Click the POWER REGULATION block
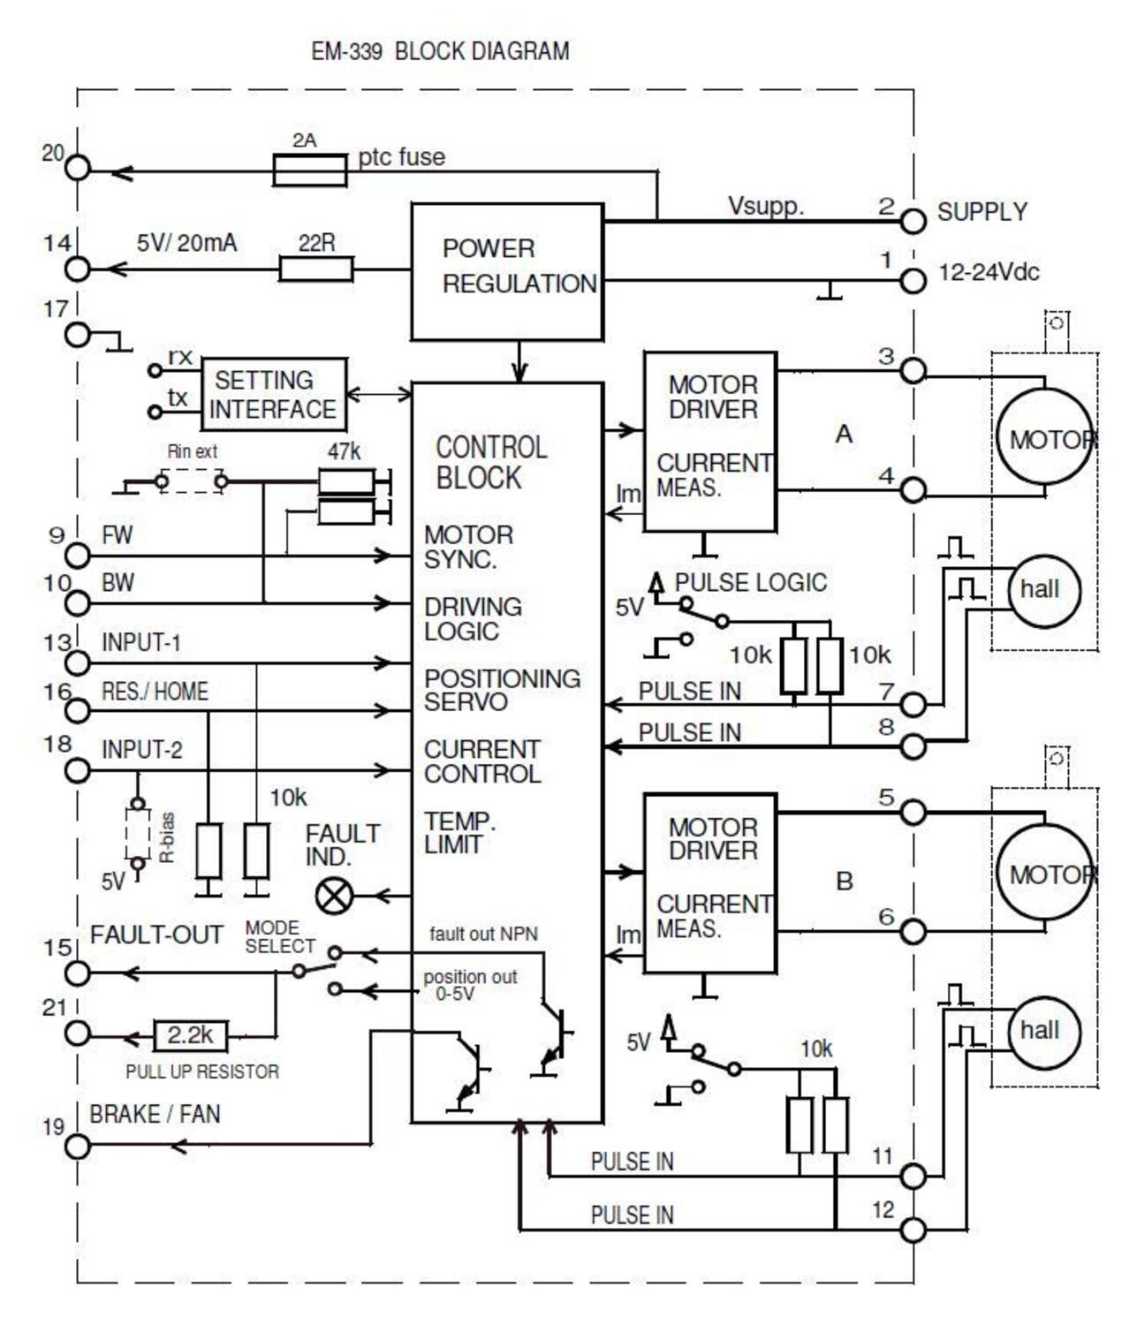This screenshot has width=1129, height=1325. click(x=507, y=271)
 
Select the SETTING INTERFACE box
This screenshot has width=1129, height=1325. click(x=273, y=394)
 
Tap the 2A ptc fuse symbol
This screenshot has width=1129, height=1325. click(x=309, y=170)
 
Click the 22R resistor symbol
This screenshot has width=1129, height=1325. click(x=316, y=269)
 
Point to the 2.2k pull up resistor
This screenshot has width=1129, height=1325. click(x=191, y=1034)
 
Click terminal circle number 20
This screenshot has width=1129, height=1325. click(x=78, y=168)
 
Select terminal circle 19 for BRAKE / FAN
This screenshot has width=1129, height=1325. click(x=78, y=1146)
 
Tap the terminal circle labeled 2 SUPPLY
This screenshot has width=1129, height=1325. click(x=913, y=221)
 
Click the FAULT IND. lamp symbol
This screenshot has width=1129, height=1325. click(x=334, y=896)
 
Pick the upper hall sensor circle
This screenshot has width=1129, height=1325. click(x=1044, y=591)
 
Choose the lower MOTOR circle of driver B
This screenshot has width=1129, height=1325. click(x=1044, y=874)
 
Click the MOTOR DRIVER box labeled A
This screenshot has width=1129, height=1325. click(x=710, y=442)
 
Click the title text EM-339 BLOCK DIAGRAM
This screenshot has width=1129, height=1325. click(x=440, y=51)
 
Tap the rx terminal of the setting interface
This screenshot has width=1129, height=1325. click(x=155, y=371)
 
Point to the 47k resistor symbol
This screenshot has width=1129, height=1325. click(x=345, y=481)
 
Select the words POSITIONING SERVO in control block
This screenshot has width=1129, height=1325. click(x=502, y=690)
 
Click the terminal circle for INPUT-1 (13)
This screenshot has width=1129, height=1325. click(x=78, y=662)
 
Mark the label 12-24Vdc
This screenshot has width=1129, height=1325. click(x=988, y=272)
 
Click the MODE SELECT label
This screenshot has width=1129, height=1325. click(x=279, y=936)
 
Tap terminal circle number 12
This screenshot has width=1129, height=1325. click(x=913, y=1229)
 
